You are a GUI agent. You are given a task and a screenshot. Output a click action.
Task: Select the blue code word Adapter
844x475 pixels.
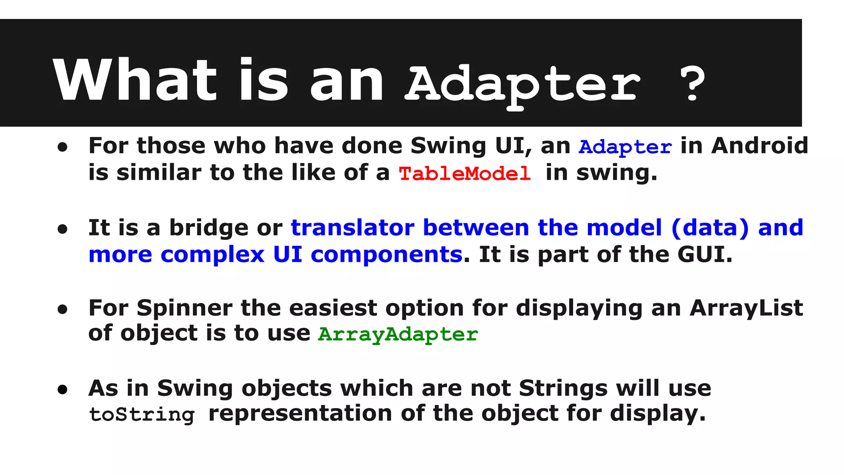tap(625, 147)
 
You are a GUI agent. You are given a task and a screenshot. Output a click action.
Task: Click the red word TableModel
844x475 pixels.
tap(464, 174)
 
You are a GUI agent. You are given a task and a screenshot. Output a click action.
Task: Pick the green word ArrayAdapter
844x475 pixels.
tap(398, 334)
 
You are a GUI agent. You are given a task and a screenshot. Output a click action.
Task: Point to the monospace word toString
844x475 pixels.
tap(142, 414)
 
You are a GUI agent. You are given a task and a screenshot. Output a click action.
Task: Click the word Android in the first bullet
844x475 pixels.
tap(760, 146)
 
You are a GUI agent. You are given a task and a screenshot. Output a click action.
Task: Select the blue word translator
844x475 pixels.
tap(352, 228)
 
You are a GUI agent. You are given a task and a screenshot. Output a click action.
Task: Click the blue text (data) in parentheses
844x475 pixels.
tap(710, 228)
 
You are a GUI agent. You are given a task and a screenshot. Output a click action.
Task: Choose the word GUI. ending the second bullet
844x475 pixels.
tap(705, 254)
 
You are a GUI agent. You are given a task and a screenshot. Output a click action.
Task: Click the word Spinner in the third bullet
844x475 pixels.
tap(185, 308)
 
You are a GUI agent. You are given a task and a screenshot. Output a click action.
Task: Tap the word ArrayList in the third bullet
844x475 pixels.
tap(746, 308)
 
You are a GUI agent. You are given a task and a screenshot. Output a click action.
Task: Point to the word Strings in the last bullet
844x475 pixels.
tap(563, 388)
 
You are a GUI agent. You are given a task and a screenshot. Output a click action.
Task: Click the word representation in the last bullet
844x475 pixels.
tap(300, 414)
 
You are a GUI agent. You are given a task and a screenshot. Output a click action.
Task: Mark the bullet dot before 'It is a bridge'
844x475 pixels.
tap(63, 229)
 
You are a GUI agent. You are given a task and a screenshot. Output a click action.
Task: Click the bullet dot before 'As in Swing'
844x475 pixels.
tap(63, 390)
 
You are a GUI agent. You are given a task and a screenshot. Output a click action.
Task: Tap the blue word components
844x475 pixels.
tap(386, 254)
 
